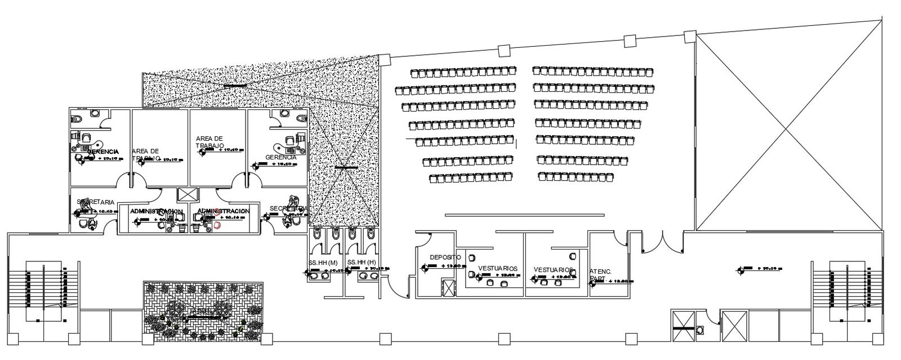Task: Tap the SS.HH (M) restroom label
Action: coord(323,263)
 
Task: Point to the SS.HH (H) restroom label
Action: coord(362,263)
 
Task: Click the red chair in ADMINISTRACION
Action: coord(218,225)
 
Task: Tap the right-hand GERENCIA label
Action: coord(280,157)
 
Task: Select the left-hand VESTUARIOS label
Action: coord(497,268)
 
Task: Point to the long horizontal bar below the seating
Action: coord(524,214)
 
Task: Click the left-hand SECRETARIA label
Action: coord(96,202)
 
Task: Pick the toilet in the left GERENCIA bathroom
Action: coord(78,119)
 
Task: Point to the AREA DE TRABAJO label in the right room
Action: coord(210,141)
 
